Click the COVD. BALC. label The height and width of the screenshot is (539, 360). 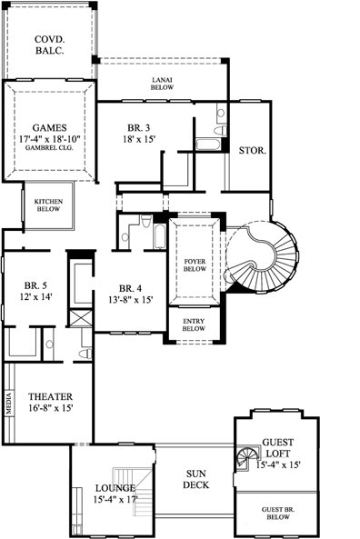(x=47, y=45)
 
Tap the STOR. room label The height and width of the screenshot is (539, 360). (x=252, y=151)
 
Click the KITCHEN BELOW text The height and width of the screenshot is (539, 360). (x=47, y=205)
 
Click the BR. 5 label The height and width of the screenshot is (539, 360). (x=35, y=284)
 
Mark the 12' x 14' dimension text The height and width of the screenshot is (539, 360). (x=35, y=296)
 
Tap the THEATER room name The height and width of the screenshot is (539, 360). (x=50, y=396)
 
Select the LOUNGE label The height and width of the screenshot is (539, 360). (x=115, y=488)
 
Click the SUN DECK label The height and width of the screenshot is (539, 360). (x=195, y=479)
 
